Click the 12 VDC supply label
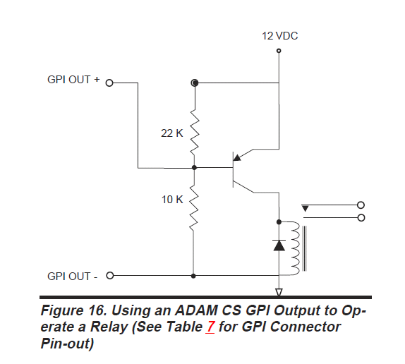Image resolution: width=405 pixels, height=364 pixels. point(279,36)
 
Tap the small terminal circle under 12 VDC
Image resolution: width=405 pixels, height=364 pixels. point(279,51)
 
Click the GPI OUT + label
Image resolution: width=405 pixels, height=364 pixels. point(73,80)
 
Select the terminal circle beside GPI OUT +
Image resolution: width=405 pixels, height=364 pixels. point(109,83)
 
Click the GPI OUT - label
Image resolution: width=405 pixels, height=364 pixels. point(72,277)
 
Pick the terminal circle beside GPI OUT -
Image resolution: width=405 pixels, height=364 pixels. point(110,275)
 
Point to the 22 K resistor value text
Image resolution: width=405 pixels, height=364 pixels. point(172,133)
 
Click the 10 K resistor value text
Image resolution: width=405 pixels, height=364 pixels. point(172,200)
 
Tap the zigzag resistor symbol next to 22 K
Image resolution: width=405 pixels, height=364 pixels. point(195,133)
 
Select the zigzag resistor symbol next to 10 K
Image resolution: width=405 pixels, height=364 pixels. point(194,208)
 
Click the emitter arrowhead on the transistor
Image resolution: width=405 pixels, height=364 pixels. point(237,157)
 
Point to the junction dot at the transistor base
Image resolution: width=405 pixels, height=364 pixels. point(195,168)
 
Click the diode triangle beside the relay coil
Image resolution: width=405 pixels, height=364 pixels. point(279,245)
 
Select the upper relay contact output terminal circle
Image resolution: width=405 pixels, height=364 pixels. point(361,205)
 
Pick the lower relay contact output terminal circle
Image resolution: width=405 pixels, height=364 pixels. point(361,218)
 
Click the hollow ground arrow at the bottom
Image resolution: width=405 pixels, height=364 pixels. point(279,292)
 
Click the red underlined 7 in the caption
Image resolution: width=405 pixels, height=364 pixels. point(210,327)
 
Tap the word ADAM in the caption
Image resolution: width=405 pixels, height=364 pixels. point(196,310)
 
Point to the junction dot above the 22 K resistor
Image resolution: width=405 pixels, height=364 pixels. point(195,83)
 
